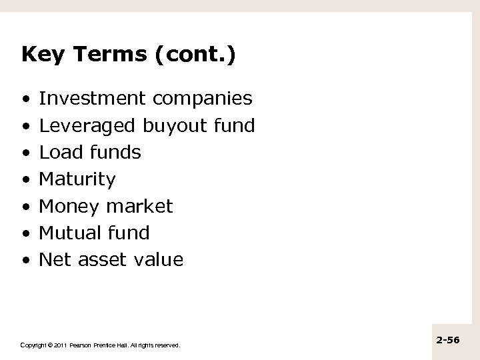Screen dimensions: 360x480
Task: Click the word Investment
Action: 93,99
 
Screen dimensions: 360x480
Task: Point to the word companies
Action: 202,99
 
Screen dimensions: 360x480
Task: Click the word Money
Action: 68,206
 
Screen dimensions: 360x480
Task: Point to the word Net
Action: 55,259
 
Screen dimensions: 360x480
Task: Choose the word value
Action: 157,259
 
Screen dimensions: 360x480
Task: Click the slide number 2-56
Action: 448,340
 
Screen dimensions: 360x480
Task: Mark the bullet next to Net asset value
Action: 25,260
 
